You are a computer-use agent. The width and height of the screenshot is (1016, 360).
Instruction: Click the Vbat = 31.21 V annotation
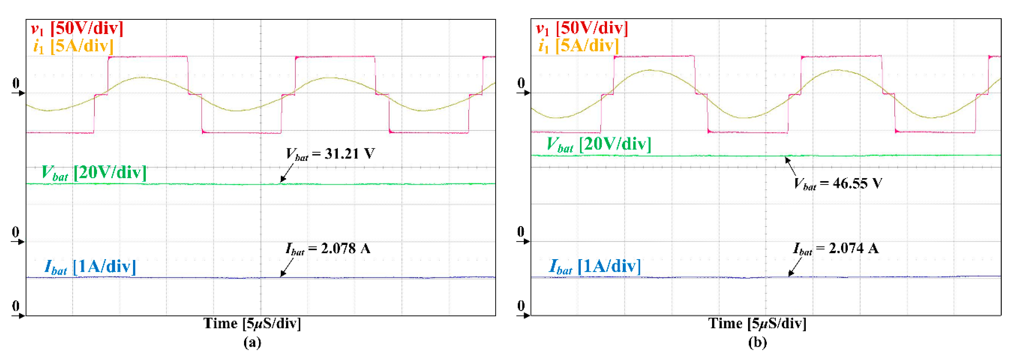(330, 154)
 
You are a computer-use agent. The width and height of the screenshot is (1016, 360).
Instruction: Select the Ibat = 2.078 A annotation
(328, 249)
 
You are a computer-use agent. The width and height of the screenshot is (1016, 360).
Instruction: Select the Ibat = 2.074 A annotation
(835, 249)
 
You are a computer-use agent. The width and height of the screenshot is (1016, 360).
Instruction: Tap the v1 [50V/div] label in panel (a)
(77, 28)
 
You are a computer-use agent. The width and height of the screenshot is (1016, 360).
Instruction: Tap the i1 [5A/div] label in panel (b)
(578, 46)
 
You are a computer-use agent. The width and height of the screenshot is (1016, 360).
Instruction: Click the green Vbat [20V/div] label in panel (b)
(599, 144)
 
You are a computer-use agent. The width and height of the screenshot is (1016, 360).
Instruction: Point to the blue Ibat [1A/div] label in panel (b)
(595, 267)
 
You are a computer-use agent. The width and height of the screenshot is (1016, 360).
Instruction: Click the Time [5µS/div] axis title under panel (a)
(252, 324)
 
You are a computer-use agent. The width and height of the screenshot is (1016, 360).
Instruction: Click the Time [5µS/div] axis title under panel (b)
(757, 324)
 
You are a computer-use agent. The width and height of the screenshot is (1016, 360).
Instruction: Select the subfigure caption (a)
(252, 342)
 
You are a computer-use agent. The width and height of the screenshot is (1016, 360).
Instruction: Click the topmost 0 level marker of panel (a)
(16, 84)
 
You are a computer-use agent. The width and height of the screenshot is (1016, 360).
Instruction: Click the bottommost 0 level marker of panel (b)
(521, 306)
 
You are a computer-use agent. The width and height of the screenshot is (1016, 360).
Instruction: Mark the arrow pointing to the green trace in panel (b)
(790, 166)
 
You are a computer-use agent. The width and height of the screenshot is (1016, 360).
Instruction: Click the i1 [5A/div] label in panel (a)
(73, 46)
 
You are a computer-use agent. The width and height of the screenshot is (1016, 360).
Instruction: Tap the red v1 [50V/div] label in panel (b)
(582, 28)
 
